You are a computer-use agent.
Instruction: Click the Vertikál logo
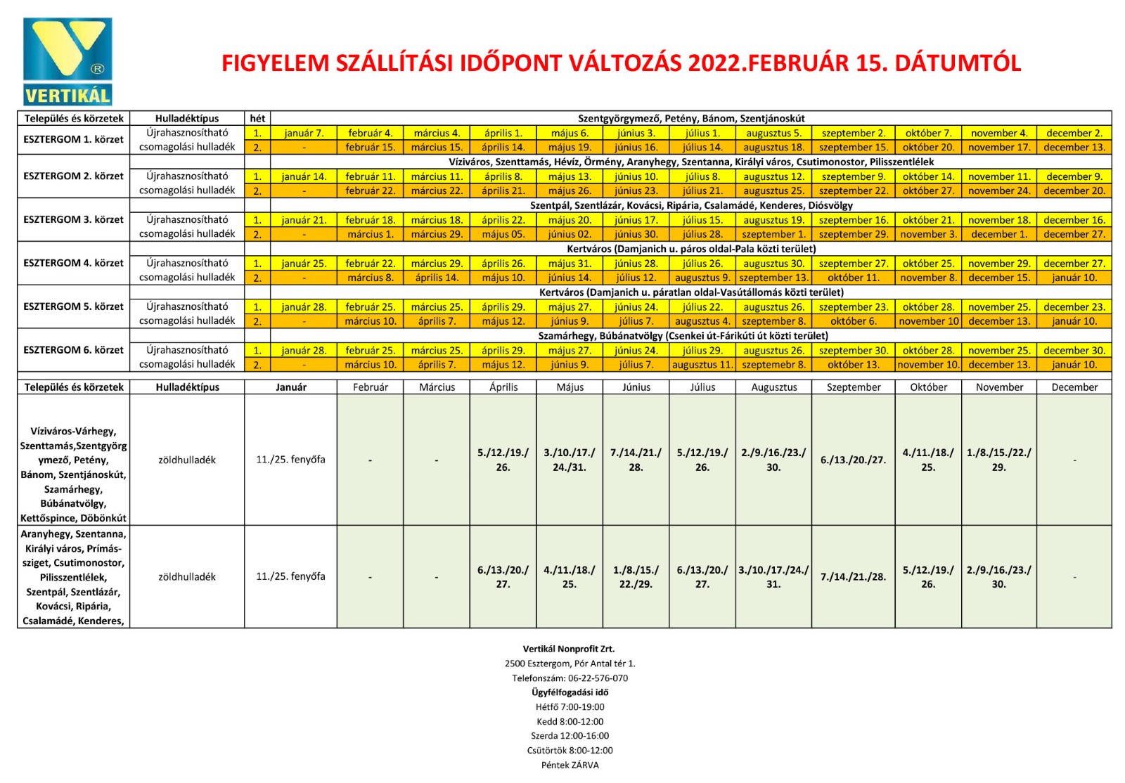pyautogui.click(x=67, y=61)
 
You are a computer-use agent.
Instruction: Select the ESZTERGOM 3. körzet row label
pyautogui.click(x=73, y=219)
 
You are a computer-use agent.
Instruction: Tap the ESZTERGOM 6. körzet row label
pyautogui.click(x=73, y=350)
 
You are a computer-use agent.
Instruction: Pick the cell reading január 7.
pyautogui.click(x=304, y=133)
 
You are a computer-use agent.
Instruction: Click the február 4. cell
pyautogui.click(x=370, y=133)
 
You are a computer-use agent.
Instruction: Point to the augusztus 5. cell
pyautogui.click(x=773, y=133)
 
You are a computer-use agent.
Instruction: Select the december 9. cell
pyautogui.click(x=1074, y=176)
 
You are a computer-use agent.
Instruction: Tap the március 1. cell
pyautogui.click(x=370, y=234)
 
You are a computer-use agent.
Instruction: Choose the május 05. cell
pyautogui.click(x=503, y=234)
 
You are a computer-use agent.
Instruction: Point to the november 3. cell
pyautogui.click(x=928, y=234)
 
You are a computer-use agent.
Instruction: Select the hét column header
pyautogui.click(x=257, y=118)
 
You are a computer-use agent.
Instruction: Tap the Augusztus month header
pyautogui.click(x=773, y=387)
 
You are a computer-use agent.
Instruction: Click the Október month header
pyautogui.click(x=928, y=387)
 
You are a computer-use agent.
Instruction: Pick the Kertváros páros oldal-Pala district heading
pyautogui.click(x=690, y=249)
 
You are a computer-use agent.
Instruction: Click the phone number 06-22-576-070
pyautogui.click(x=598, y=678)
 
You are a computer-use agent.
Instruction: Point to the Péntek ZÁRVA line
pyautogui.click(x=570, y=765)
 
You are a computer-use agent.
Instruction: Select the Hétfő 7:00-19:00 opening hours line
pyautogui.click(x=570, y=707)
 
